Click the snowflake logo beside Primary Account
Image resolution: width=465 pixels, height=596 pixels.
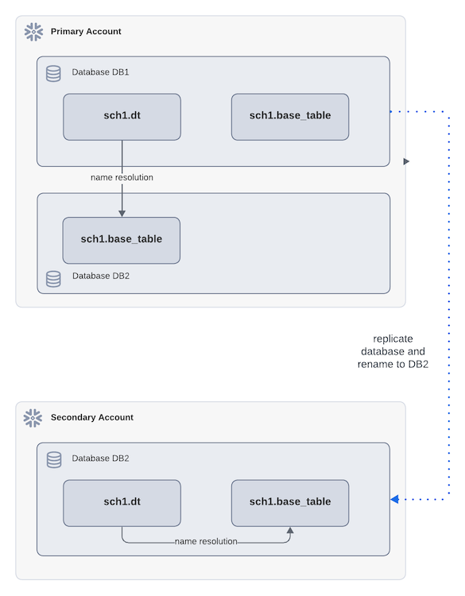click(x=33, y=32)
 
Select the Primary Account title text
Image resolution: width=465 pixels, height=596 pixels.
click(x=86, y=32)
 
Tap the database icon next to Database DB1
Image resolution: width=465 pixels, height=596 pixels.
click(x=53, y=73)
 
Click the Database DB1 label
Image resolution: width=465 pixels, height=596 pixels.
click(x=100, y=72)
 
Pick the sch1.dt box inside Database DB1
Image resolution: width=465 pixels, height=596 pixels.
click(x=122, y=116)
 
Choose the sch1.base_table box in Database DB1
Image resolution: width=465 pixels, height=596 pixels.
click(x=290, y=116)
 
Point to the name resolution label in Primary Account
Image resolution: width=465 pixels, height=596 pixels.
click(x=122, y=177)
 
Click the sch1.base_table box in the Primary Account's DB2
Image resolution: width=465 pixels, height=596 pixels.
click(x=122, y=239)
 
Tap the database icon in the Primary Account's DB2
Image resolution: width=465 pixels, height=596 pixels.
click(x=53, y=278)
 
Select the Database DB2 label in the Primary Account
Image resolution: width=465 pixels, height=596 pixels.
click(x=100, y=277)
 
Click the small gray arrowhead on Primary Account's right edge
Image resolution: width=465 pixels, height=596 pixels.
click(x=406, y=161)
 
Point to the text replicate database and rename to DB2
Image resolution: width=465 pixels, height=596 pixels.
click(x=393, y=351)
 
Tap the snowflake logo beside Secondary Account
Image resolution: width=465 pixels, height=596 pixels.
click(x=33, y=418)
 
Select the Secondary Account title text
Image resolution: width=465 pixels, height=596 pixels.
click(x=91, y=418)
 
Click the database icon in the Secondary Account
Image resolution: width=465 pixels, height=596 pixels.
click(x=53, y=460)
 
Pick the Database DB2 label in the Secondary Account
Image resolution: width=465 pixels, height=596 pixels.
click(x=100, y=459)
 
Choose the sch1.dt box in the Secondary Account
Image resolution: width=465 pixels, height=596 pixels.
click(x=122, y=502)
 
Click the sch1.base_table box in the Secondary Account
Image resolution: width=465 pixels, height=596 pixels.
click(x=290, y=502)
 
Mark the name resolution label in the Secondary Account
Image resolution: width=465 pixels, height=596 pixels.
click(x=206, y=542)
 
